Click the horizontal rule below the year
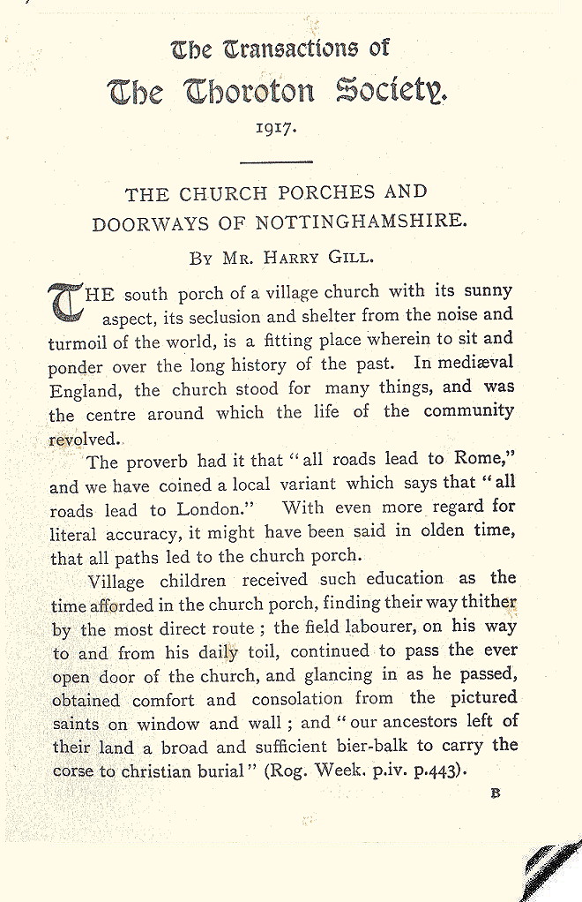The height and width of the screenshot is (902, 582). [276, 162]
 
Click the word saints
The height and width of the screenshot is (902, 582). [77, 721]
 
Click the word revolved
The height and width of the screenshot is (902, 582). [84, 439]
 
